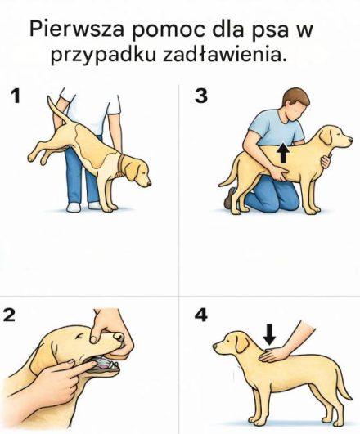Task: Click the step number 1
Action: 15,96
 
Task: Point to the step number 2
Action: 11,315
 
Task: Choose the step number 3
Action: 200,96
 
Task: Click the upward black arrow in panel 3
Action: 282,152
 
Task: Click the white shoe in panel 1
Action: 74,207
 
